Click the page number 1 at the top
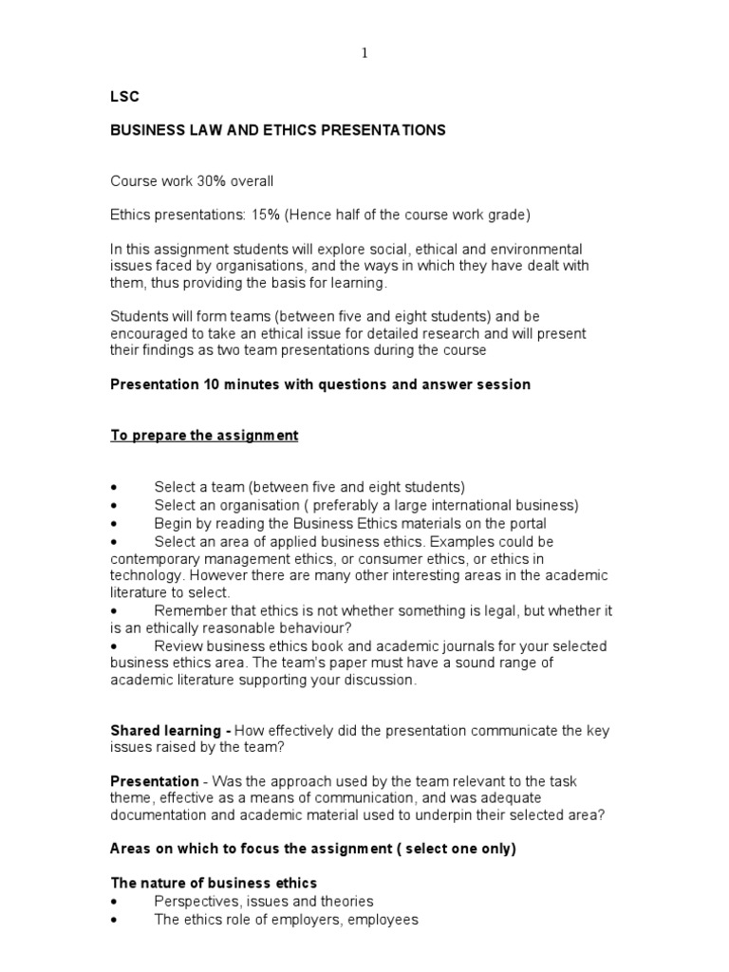point(364,54)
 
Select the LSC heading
point(124,96)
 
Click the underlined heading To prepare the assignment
point(204,435)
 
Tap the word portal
point(528,523)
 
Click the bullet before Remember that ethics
point(115,610)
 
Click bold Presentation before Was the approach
point(155,780)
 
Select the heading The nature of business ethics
point(214,883)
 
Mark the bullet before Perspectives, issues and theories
point(115,902)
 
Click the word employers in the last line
point(300,919)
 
